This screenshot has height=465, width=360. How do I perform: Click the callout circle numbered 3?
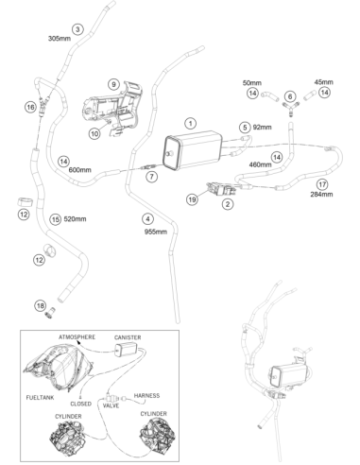tap(77, 29)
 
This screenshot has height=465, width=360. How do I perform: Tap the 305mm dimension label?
tap(60, 39)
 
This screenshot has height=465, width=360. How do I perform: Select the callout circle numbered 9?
tap(113, 84)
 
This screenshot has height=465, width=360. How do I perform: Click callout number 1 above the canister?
tap(190, 123)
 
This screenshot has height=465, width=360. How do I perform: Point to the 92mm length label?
tap(262, 128)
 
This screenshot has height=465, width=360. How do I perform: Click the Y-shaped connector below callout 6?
tap(290, 108)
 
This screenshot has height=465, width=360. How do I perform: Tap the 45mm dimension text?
tap(323, 82)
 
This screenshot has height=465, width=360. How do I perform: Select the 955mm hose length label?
tap(156, 232)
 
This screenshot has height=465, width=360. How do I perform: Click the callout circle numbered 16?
tap(30, 108)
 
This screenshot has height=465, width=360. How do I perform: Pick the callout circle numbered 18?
tap(41, 305)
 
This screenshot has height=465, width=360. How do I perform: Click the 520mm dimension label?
tap(75, 219)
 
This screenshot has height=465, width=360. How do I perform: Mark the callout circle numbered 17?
tap(322, 184)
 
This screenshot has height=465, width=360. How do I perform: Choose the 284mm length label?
tap(321, 194)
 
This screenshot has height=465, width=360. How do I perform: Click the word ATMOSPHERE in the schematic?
tap(77, 337)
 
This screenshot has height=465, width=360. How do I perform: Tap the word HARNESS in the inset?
tap(146, 395)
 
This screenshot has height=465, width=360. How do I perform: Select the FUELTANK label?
tap(40, 398)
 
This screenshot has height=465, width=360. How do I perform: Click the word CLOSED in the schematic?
tap(81, 404)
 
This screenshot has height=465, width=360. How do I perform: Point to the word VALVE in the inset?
tap(111, 405)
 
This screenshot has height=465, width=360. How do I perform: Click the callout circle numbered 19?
tap(192, 199)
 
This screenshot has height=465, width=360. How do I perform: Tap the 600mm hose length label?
tap(79, 170)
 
